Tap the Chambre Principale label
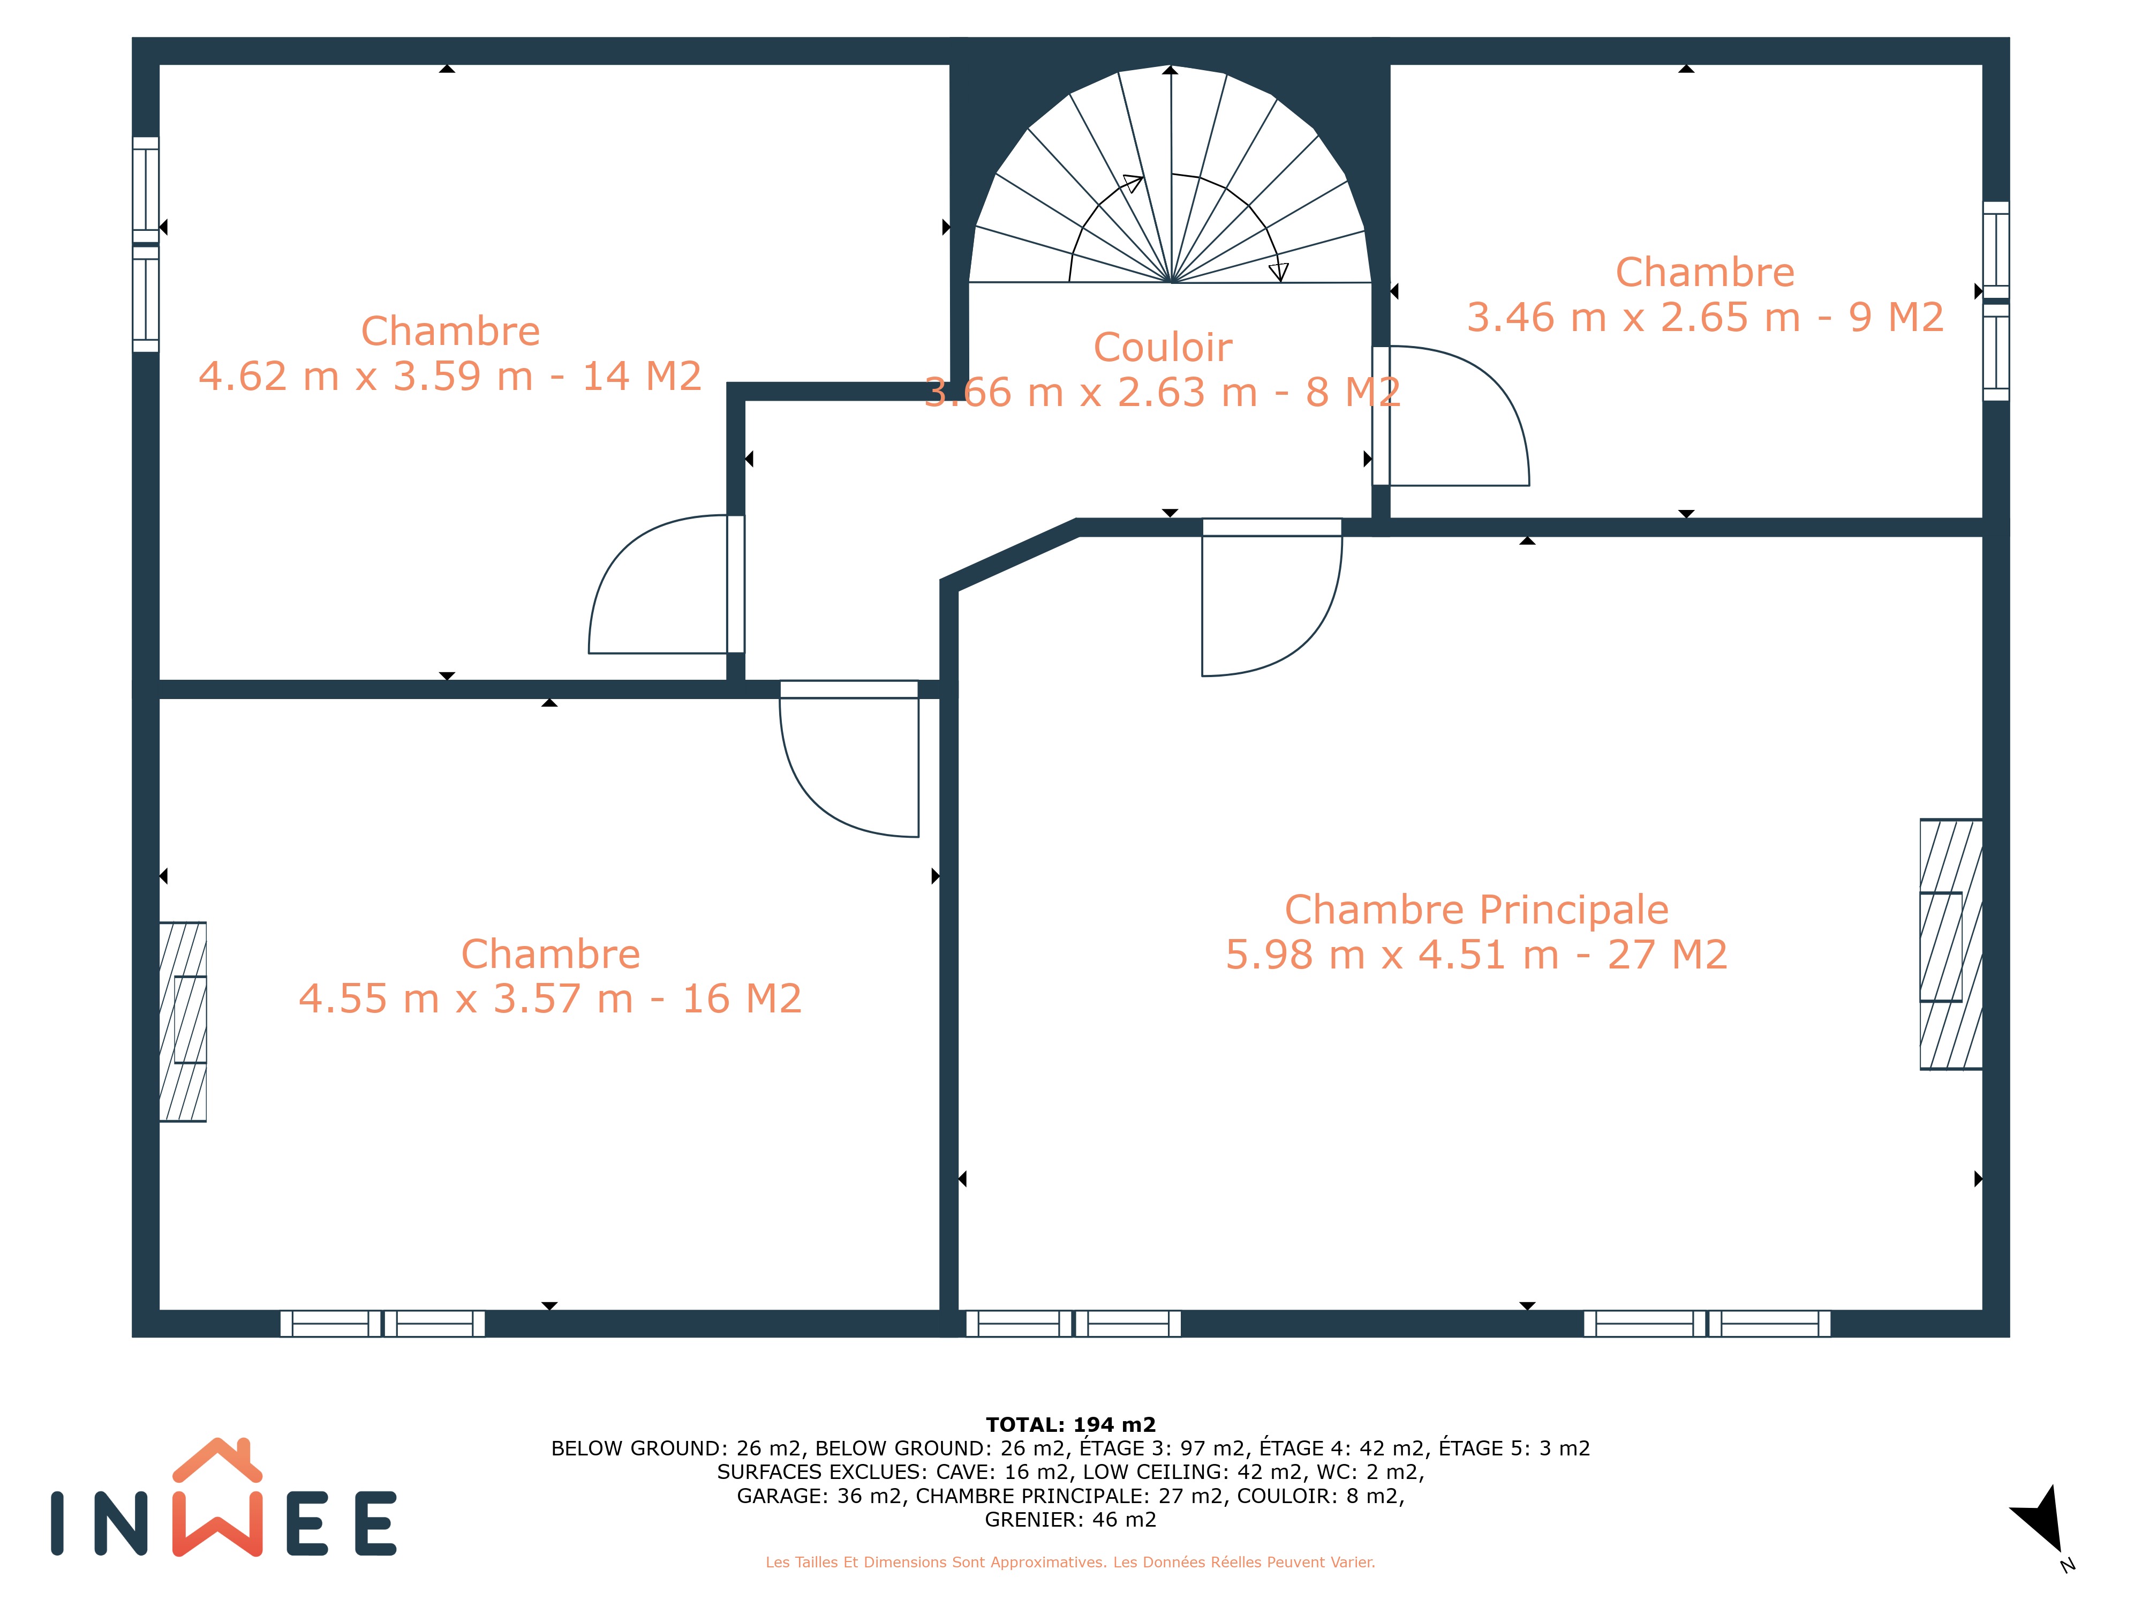(1477, 910)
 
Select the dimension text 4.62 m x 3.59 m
(366, 376)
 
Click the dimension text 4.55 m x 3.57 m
(466, 998)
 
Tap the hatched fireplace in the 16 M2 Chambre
(183, 1022)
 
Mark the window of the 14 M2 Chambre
(145, 244)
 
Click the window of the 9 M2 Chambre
(1996, 301)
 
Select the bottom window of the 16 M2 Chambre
(382, 1323)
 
